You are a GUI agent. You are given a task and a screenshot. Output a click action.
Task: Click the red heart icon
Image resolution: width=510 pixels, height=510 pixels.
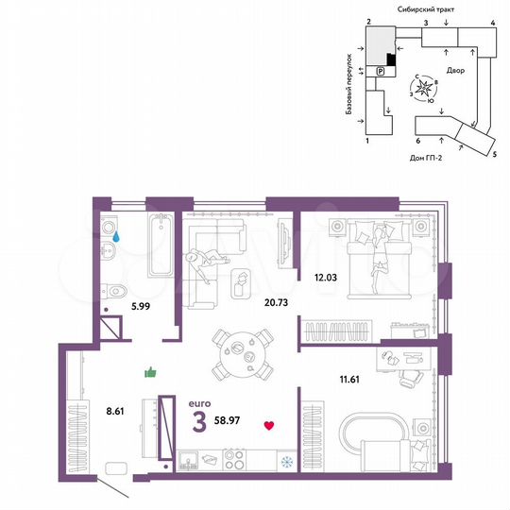click(269, 426)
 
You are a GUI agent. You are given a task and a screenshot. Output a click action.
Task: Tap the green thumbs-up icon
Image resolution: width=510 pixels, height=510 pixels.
click(149, 372)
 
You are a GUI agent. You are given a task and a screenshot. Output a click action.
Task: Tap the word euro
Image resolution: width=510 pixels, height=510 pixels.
click(199, 399)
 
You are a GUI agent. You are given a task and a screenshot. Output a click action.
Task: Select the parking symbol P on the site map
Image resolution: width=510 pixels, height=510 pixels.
click(381, 72)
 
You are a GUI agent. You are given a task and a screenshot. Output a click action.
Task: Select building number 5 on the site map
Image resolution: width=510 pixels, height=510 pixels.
click(494, 152)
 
